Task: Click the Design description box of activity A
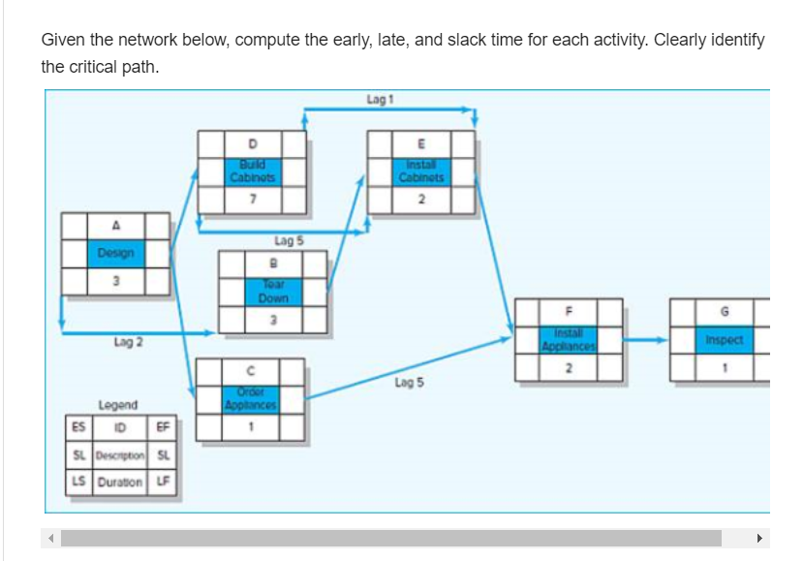click(116, 253)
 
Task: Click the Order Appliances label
click(251, 398)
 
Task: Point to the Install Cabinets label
click(420, 171)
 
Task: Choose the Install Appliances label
click(569, 339)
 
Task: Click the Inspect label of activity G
click(724, 340)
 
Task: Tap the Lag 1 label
click(380, 99)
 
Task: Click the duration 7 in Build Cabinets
click(253, 199)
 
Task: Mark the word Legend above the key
click(118, 404)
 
